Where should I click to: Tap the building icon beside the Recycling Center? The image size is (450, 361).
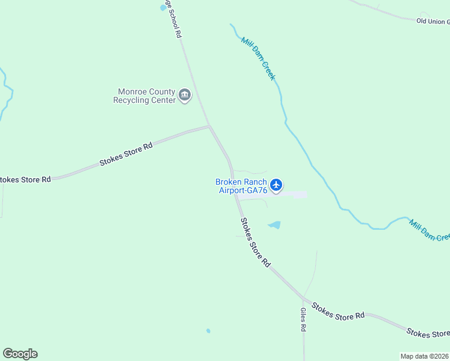[x=185, y=95]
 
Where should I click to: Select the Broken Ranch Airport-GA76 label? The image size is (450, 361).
[x=241, y=186]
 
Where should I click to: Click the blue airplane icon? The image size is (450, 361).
[x=276, y=185]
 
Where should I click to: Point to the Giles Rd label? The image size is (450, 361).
[x=303, y=320]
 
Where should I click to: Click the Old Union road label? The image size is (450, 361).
[x=433, y=21]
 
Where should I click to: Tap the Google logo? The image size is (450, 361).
[x=20, y=354]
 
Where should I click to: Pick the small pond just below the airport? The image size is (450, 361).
[x=274, y=225]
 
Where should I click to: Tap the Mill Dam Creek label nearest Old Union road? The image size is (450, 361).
[x=258, y=58]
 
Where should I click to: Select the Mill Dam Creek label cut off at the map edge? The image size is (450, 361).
[x=430, y=229]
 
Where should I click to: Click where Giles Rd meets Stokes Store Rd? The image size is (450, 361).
[x=304, y=298]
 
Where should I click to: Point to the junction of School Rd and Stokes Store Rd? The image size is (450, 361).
[x=209, y=126]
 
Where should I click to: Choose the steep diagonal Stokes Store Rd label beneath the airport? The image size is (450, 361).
[x=256, y=242]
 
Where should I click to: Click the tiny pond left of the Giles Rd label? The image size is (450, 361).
[x=208, y=330]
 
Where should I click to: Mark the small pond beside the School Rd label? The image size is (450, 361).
[x=163, y=7]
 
